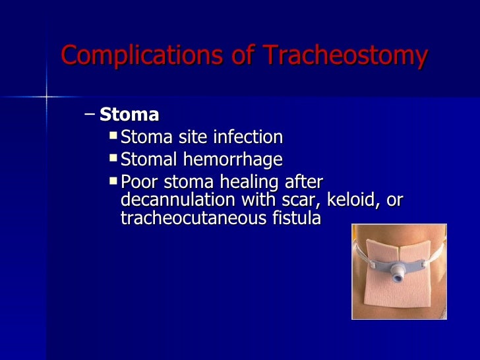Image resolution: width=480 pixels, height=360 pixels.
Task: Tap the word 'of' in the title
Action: tap(236, 55)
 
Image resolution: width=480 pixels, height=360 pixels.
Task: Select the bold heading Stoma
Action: tap(129, 115)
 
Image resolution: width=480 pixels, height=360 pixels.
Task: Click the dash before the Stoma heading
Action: tap(90, 115)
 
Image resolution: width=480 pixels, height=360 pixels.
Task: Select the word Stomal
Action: tap(153, 159)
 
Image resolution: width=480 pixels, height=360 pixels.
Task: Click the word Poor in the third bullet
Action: tap(140, 182)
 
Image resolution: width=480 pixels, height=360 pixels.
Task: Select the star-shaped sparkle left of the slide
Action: tap(47, 98)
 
